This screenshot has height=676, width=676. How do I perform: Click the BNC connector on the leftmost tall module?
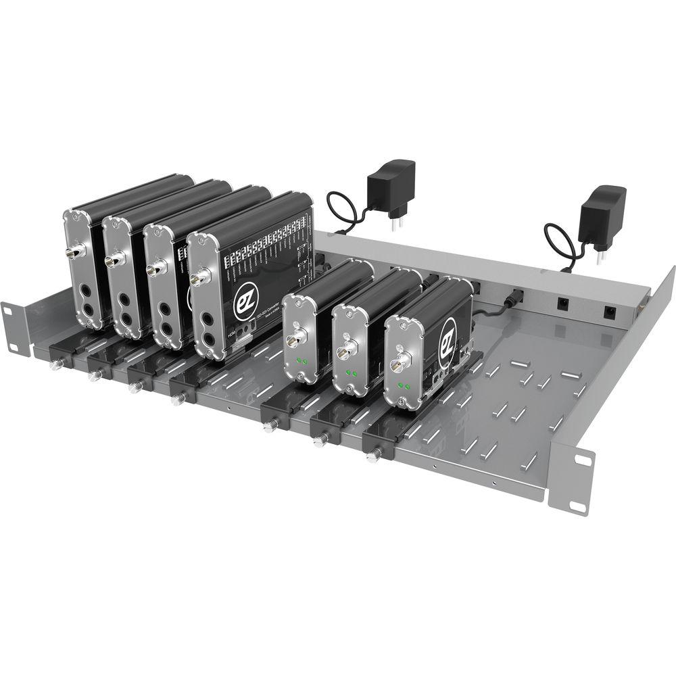pos(71,254)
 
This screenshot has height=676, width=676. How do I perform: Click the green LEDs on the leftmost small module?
pos(301,362)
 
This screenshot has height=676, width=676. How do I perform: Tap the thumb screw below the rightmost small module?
pos(371,456)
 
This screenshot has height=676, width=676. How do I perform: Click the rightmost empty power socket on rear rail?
pos(610,312)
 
